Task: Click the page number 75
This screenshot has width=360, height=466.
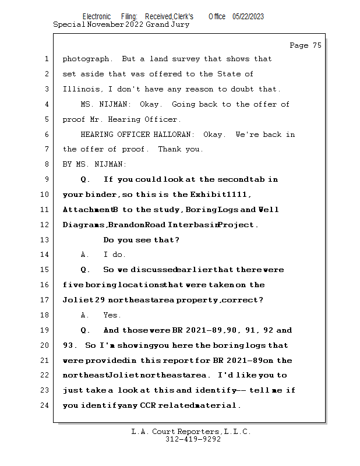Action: click(x=316, y=45)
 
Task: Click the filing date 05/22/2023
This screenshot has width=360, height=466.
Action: click(x=248, y=17)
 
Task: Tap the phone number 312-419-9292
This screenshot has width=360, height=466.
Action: click(x=191, y=439)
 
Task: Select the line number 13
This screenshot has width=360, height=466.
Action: click(x=45, y=240)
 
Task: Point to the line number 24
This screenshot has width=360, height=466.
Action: click(x=45, y=405)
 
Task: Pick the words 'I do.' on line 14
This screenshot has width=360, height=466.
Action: click(x=115, y=255)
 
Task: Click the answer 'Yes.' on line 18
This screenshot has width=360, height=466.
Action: click(x=112, y=315)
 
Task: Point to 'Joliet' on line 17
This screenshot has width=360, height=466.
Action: click(x=76, y=300)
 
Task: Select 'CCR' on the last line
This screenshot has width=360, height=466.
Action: click(x=148, y=405)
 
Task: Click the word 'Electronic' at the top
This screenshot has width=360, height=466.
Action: click(x=97, y=17)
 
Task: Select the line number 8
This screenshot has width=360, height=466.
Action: click(x=47, y=164)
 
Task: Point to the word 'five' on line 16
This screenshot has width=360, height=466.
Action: click(x=73, y=285)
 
